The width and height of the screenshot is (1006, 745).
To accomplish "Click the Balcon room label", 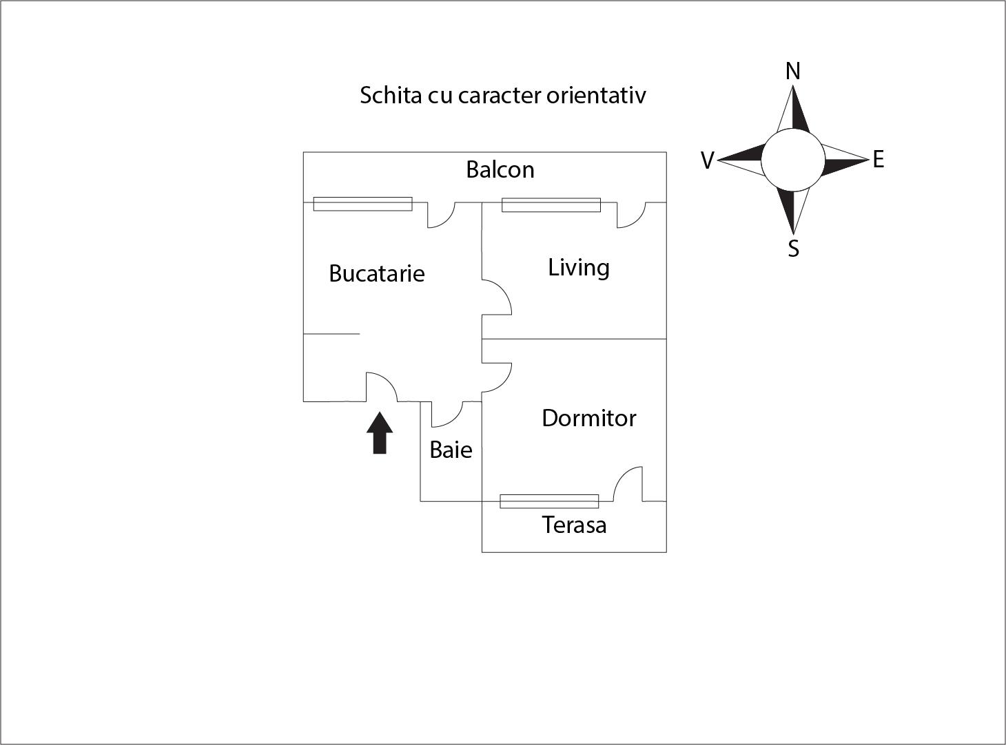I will tap(500, 169).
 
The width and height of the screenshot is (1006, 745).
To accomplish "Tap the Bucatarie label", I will tap(377, 273).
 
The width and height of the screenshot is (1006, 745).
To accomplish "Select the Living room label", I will tap(579, 267).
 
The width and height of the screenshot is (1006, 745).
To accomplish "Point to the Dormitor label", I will tap(589, 418).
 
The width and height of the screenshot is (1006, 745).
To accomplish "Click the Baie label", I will tap(451, 450).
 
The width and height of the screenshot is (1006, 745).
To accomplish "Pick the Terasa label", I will tap(574, 525).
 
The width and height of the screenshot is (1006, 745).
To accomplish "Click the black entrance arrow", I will tap(380, 433).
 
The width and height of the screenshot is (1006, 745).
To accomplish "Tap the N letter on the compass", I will tap(793, 71).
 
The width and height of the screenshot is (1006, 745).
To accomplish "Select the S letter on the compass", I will tap(793, 249).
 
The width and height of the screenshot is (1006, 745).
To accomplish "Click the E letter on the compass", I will tap(878, 160).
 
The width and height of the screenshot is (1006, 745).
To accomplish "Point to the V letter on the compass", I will tap(707, 160).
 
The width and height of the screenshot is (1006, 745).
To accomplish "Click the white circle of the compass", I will tap(792, 160).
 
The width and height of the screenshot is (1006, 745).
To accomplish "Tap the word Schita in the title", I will tap(390, 95).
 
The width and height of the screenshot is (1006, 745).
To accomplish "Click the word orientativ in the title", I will tap(596, 95).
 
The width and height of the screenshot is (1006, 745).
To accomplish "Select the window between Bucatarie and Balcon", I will tap(362, 204).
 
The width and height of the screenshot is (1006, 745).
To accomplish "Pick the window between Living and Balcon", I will tap(551, 204).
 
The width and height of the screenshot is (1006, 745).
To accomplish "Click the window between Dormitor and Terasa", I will tap(549, 501).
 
